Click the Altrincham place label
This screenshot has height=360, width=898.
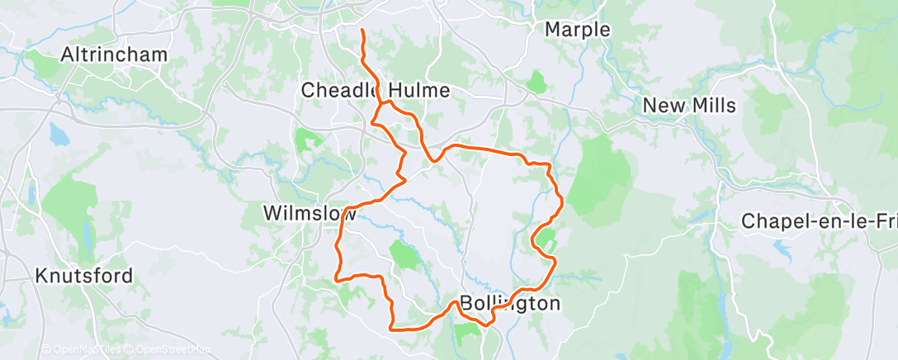click(114, 55)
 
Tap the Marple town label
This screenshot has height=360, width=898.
click(578, 30)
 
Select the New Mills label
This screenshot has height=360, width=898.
click(689, 106)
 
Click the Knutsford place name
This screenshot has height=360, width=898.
click(84, 276)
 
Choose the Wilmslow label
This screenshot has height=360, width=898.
click(310, 213)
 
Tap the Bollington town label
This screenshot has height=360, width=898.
click(509, 303)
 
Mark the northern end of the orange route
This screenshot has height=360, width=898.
click(362, 31)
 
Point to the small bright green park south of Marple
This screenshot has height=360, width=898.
click(536, 82)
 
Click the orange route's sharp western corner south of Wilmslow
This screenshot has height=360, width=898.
click(335, 279)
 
